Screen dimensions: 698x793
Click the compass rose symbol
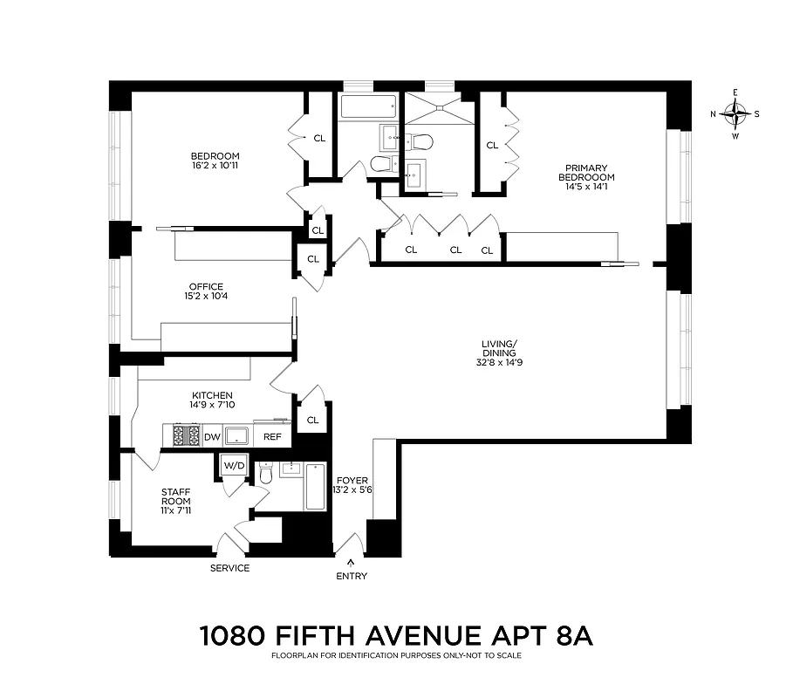[738, 113]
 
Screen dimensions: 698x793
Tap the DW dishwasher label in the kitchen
[212, 436]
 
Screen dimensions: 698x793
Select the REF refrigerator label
[273, 436]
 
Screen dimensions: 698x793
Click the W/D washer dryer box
[234, 465]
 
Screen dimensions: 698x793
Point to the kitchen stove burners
[186, 435]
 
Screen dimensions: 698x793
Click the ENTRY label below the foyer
[351, 576]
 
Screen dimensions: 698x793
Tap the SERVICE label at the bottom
[229, 568]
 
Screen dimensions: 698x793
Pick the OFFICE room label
[206, 286]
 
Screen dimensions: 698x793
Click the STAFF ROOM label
[175, 496]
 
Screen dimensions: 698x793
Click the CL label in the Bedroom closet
[319, 138]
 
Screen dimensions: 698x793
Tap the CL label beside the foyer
[312, 420]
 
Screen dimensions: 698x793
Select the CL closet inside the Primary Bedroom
[492, 145]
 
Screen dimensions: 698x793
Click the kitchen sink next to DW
[237, 435]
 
